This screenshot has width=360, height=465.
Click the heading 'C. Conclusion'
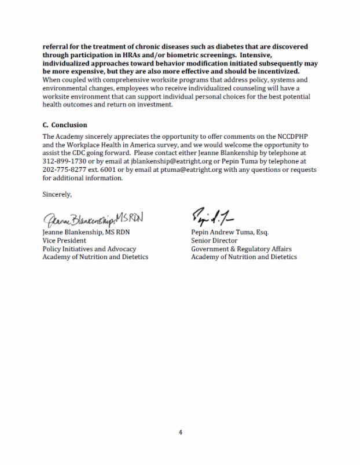pos(64,125)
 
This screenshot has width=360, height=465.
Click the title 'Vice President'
pos(64,241)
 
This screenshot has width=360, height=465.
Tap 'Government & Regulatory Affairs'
pos(241,249)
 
